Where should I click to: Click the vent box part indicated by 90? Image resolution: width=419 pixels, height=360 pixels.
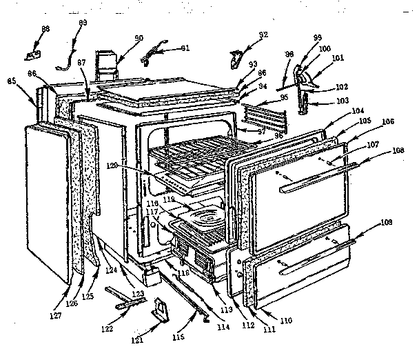[x=106, y=62]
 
